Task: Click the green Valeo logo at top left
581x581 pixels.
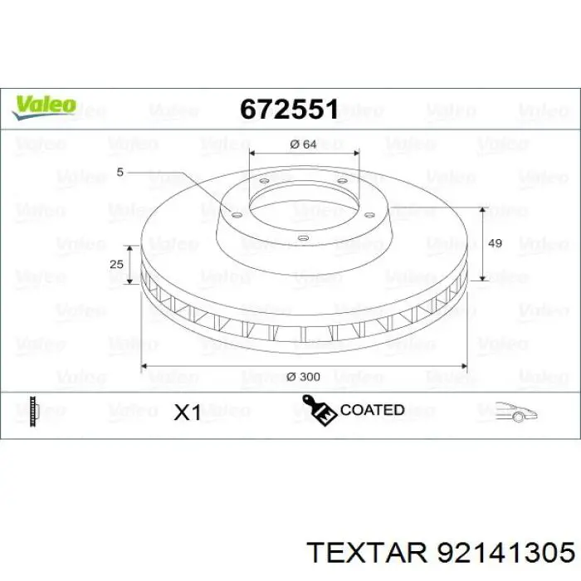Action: coord(44,105)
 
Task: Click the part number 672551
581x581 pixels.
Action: coord(288,109)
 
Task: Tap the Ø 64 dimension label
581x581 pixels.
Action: coord(304,144)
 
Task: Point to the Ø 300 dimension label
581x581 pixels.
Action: coord(303,376)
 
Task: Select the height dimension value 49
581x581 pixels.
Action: coord(496,243)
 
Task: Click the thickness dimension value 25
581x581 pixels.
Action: coord(117,263)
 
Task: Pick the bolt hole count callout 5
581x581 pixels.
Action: coord(120,172)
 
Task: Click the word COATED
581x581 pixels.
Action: coord(372,410)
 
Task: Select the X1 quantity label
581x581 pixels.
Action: coord(187,412)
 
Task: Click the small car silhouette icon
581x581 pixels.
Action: coord(517,410)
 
